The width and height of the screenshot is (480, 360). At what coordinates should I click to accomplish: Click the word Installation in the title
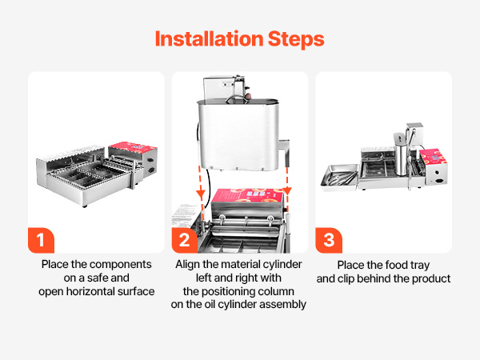click(x=209, y=39)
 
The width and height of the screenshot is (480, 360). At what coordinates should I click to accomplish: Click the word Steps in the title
click(x=296, y=40)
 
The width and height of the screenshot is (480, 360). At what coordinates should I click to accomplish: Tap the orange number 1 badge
click(x=41, y=240)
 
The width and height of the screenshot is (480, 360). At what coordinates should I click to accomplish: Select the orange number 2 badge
click(x=185, y=240)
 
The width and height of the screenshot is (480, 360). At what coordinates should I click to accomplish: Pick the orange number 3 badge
click(x=329, y=240)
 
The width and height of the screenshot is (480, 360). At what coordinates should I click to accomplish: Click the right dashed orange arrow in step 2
click(x=287, y=184)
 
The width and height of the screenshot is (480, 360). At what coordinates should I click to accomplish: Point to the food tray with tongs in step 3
click(x=339, y=178)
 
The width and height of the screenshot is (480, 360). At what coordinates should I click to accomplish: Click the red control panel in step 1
click(x=133, y=147)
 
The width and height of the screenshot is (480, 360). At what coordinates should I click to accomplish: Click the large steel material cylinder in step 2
click(x=238, y=134)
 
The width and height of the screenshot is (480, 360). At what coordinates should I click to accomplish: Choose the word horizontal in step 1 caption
click(x=112, y=291)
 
